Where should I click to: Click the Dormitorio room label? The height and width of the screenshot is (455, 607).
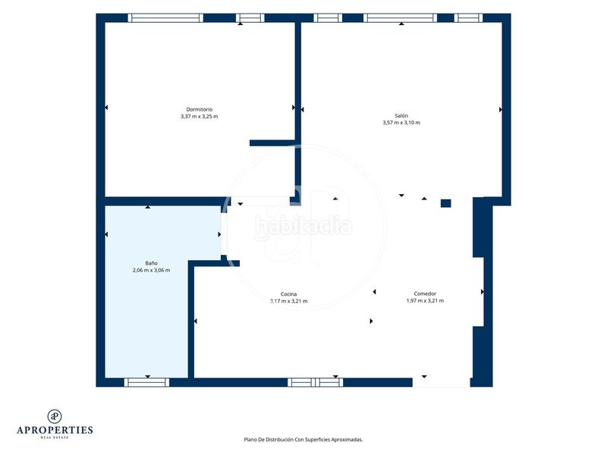[x=200, y=109]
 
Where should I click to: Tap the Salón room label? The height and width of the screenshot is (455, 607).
[x=401, y=116]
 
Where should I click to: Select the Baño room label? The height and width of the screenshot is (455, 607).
[x=151, y=263]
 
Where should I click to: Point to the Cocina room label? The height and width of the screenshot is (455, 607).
[x=289, y=294]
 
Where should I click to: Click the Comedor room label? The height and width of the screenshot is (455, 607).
[x=425, y=293]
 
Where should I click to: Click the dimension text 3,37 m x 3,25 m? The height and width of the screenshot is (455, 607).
[x=200, y=117]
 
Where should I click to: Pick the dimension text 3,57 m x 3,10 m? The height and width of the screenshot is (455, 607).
[x=401, y=123]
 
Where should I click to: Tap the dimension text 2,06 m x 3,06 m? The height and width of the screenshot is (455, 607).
[x=151, y=270]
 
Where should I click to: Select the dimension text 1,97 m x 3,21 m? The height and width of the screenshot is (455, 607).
[x=425, y=300]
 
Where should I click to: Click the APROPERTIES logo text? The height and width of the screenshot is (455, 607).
[x=55, y=430]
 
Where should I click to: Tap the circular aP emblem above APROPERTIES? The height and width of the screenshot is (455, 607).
[x=55, y=416]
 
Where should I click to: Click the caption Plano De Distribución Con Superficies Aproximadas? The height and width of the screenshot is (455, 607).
[x=303, y=440]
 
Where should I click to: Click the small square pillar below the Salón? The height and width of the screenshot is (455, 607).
[x=446, y=203]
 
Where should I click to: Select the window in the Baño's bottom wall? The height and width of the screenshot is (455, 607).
[x=146, y=382]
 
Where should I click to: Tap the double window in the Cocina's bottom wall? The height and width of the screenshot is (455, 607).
[x=315, y=382]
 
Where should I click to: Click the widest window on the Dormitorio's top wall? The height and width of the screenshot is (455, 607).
[x=165, y=17]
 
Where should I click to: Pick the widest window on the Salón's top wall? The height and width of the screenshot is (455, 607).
[x=401, y=17]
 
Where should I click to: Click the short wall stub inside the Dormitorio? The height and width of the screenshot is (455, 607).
[x=273, y=143]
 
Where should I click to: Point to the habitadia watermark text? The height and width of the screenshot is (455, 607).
[x=303, y=226]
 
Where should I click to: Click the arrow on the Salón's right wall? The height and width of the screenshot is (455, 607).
[x=501, y=110]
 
